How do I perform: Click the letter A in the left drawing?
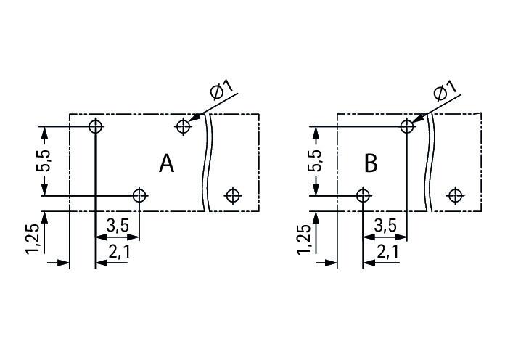click(166, 164)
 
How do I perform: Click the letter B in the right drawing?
click(371, 163)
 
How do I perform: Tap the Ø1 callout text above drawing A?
click(221, 89)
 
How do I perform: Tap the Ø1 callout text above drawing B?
click(445, 90)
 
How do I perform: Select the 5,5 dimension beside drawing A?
click(43, 161)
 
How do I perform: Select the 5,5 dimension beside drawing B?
click(314, 161)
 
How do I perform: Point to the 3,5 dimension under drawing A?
click(118, 226)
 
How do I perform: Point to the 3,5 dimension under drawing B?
click(385, 226)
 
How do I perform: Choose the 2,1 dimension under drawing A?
click(119, 252)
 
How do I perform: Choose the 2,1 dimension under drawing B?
click(387, 252)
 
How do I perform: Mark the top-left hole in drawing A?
click(95, 126)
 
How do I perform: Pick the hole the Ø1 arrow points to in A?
click(183, 126)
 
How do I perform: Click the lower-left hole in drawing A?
click(139, 196)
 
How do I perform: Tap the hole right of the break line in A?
click(233, 195)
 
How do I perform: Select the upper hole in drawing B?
click(407, 126)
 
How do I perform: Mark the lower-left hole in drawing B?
click(363, 196)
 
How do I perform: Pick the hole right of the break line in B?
click(455, 196)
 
